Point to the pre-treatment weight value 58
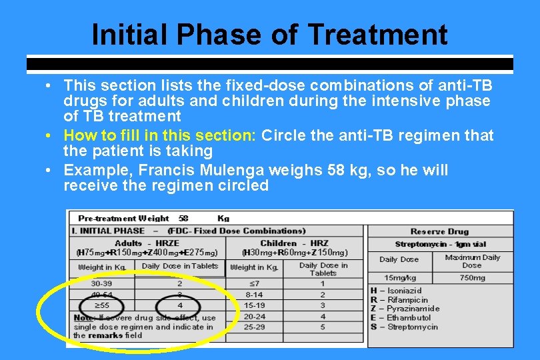pyautogui.click(x=183, y=218)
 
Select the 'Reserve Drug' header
pyautogui.click(x=439, y=232)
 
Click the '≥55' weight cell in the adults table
pyautogui.click(x=101, y=305)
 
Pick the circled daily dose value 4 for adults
pyautogui.click(x=179, y=305)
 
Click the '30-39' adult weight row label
pyautogui.click(x=101, y=283)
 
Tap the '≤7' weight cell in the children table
pyautogui.click(x=254, y=283)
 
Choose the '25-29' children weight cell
pyautogui.click(x=254, y=327)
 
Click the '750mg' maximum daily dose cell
pyautogui.click(x=472, y=277)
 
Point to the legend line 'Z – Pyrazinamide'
pyautogui.click(x=405, y=309)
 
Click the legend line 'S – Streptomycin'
pyautogui.click(x=404, y=327)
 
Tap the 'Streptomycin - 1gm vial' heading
pyautogui.click(x=439, y=245)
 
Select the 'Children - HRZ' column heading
pyautogui.click(x=294, y=243)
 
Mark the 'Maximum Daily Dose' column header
pyautogui.click(x=472, y=261)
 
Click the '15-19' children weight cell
pyautogui.click(x=254, y=305)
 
